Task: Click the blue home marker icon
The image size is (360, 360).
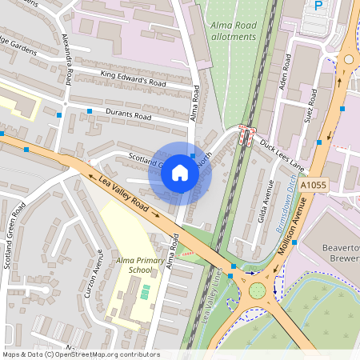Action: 180,173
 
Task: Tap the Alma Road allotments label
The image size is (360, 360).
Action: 233,30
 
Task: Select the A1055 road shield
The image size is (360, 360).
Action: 315,185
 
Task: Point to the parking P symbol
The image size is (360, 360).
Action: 318,6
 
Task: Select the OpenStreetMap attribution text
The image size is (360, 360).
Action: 80,354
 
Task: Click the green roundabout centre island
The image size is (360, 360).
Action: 258,290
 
